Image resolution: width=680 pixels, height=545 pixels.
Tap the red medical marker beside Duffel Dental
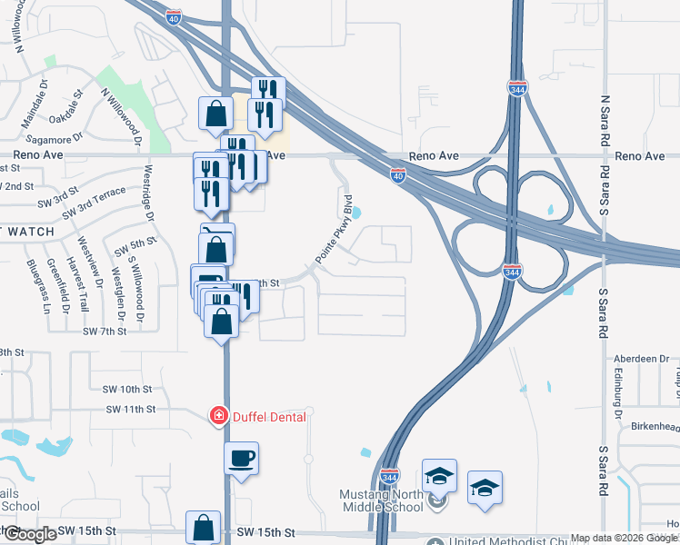click(218, 416)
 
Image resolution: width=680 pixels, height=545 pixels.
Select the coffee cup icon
click(242, 457)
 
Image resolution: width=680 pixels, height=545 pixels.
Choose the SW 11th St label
click(131, 410)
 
